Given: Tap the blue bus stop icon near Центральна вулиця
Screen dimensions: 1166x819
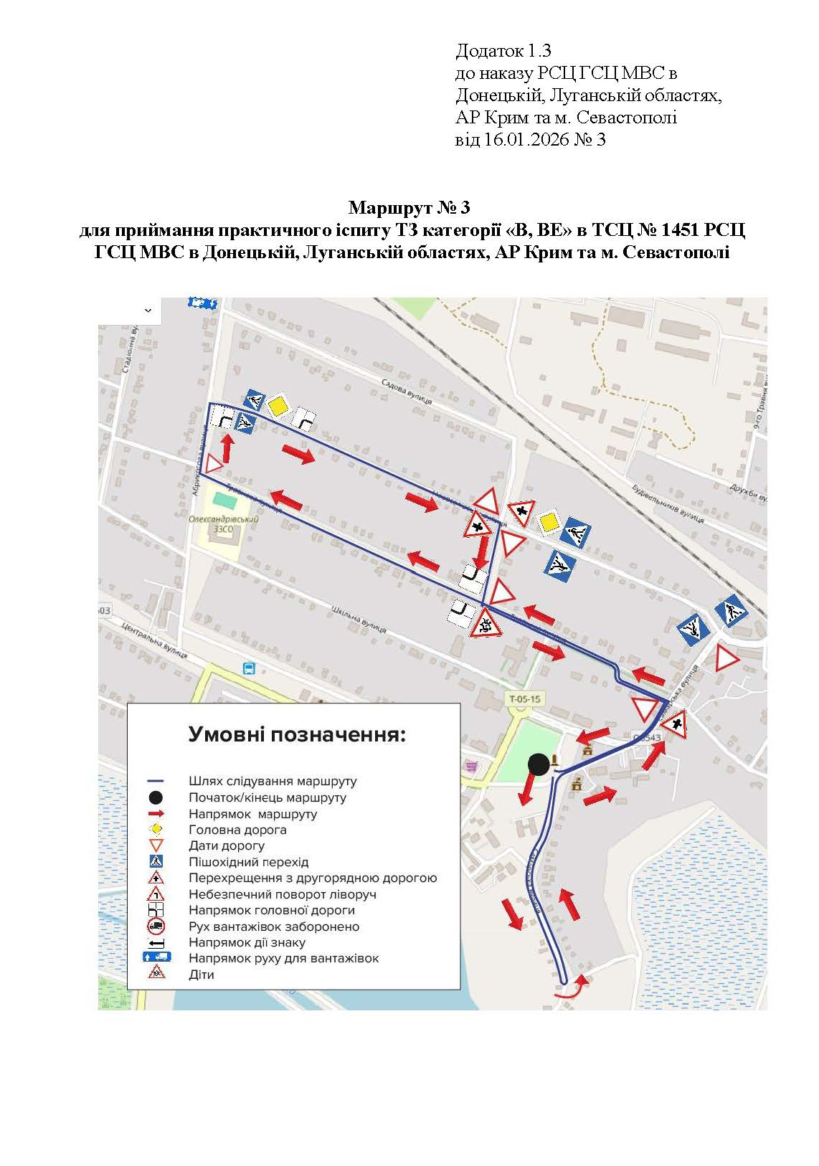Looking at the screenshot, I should point(249,668).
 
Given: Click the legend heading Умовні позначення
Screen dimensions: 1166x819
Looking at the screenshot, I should point(296,735).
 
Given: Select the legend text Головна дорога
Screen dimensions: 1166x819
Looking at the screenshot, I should point(237,830).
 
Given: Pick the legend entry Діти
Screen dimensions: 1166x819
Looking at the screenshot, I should point(202,975).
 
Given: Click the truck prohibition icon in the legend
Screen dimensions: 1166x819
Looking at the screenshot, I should point(156,926).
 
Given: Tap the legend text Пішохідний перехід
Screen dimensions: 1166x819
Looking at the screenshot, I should point(248,862).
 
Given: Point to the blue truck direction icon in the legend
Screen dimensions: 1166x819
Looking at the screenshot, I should point(156,958).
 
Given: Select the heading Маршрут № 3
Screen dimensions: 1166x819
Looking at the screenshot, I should point(409,208).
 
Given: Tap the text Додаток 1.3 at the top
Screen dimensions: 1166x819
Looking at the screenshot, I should point(503,51).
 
